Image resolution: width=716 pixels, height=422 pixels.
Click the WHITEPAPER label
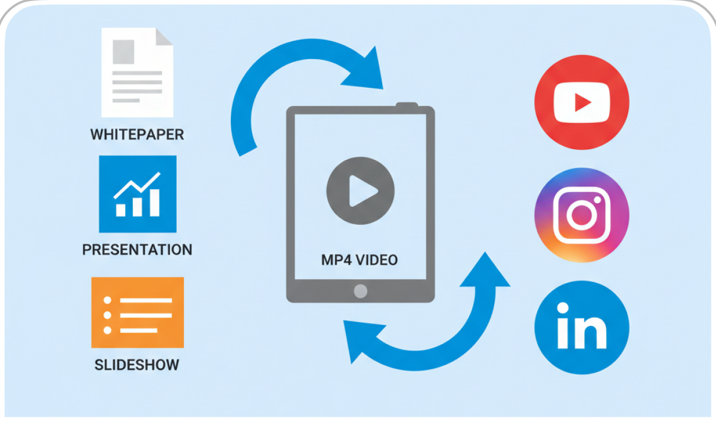(x=137, y=135)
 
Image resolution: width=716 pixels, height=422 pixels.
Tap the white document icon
(x=137, y=73)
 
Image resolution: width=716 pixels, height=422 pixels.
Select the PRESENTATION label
(x=137, y=250)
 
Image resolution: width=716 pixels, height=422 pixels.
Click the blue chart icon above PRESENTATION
(x=138, y=194)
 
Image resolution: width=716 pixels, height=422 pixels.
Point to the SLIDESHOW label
(x=137, y=365)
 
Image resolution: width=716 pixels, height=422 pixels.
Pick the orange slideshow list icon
(x=138, y=313)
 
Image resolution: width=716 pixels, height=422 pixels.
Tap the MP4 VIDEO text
(x=359, y=260)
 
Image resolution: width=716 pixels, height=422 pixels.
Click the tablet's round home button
(x=361, y=291)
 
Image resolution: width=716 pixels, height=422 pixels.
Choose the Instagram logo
(x=581, y=215)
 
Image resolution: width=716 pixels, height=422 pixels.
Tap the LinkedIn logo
(x=581, y=325)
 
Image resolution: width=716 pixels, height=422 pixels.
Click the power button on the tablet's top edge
(x=407, y=105)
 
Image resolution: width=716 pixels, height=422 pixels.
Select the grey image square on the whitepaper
(x=124, y=51)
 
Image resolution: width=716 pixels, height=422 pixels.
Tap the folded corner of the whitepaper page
(x=165, y=37)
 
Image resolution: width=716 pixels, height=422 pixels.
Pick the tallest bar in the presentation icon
(x=155, y=201)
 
